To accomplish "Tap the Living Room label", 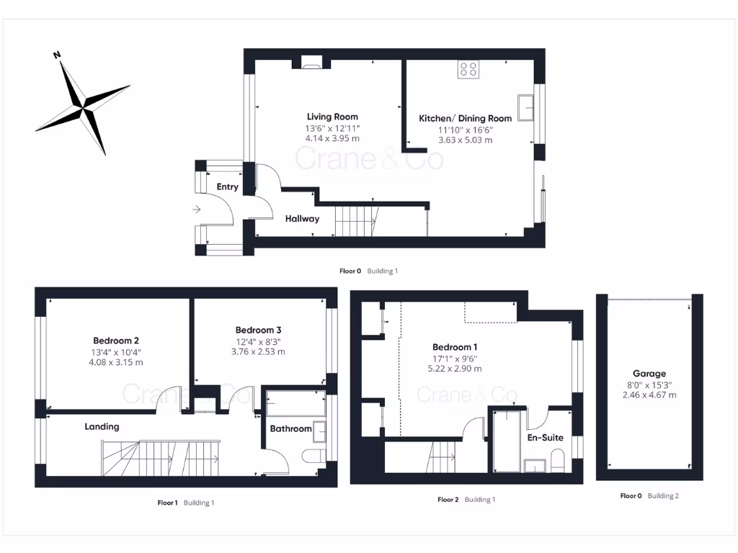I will point(332,117).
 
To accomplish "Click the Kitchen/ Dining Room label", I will point(466,118).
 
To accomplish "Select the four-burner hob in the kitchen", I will point(468,69).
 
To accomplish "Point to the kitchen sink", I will point(525,107).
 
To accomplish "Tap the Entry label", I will point(227,186).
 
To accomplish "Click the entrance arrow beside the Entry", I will point(197,210).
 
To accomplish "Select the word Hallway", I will point(302,219).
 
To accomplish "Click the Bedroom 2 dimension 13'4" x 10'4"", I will point(117,352).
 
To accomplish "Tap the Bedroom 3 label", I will point(258,331).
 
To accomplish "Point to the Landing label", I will point(102,426).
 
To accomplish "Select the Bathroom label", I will point(290,428).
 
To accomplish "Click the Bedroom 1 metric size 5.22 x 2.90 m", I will point(455,369).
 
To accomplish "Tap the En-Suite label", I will point(546,437).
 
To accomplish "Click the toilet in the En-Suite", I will point(557,459).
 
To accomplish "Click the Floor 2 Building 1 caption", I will point(466,499).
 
